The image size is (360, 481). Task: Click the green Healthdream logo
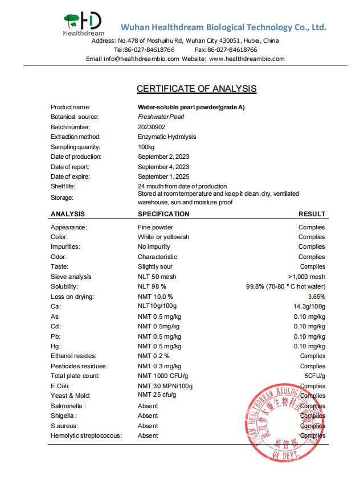pos(83,24)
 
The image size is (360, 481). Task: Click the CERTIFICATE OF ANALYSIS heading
pos(197,89)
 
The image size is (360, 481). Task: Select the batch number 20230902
pos(151,127)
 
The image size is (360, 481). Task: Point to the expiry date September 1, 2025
pos(163,176)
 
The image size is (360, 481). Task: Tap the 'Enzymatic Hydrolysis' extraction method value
pos(167,137)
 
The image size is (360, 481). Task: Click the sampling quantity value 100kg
pos(146,147)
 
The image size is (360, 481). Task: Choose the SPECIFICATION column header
pos(163,214)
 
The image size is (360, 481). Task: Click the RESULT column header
pos(312,214)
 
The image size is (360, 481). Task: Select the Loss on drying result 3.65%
pos(316,297)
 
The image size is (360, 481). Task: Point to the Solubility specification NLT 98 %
pos(156,286)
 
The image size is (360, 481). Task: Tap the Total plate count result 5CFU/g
pos(314,376)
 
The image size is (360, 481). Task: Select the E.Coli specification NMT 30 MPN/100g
pos(165,386)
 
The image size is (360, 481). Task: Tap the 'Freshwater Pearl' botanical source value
pos(161,117)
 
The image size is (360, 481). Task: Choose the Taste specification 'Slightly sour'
pos(155,266)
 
